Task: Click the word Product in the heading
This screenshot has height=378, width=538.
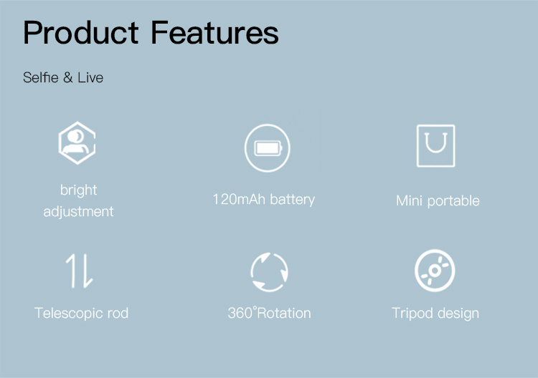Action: tap(81, 33)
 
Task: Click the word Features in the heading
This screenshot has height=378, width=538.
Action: tap(214, 33)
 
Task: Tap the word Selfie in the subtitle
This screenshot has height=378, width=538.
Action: tap(39, 77)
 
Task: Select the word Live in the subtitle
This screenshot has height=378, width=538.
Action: tap(90, 77)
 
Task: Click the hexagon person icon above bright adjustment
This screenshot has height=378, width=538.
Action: tap(77, 142)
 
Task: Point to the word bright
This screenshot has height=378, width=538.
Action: tap(78, 190)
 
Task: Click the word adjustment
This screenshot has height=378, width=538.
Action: tap(78, 211)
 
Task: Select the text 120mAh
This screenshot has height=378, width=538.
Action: tap(239, 199)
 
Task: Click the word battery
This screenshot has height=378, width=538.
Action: tap(292, 199)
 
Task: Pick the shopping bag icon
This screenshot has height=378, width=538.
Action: tap(435, 145)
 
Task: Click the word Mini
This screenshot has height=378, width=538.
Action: tap(410, 200)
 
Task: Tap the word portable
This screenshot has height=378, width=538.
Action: tap(453, 201)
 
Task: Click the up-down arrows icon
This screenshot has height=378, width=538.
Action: tap(80, 271)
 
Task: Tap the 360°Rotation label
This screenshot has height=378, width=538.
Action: tap(269, 313)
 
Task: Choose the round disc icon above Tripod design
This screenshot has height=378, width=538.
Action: tap(435, 271)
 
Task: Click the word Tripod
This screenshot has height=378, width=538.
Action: tap(412, 313)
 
